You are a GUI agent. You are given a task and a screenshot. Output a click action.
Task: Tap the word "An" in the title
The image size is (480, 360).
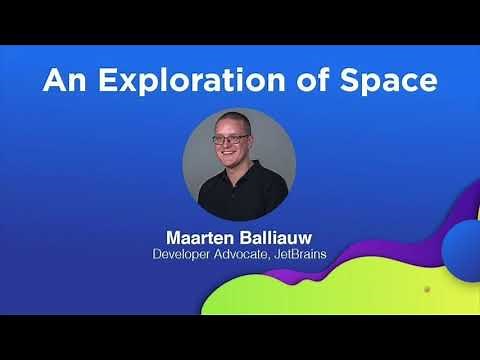click(x=61, y=81)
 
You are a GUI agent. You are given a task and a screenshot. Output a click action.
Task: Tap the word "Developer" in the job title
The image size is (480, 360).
click(x=188, y=256)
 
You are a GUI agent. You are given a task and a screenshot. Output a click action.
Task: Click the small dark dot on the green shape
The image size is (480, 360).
click(x=427, y=290)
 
